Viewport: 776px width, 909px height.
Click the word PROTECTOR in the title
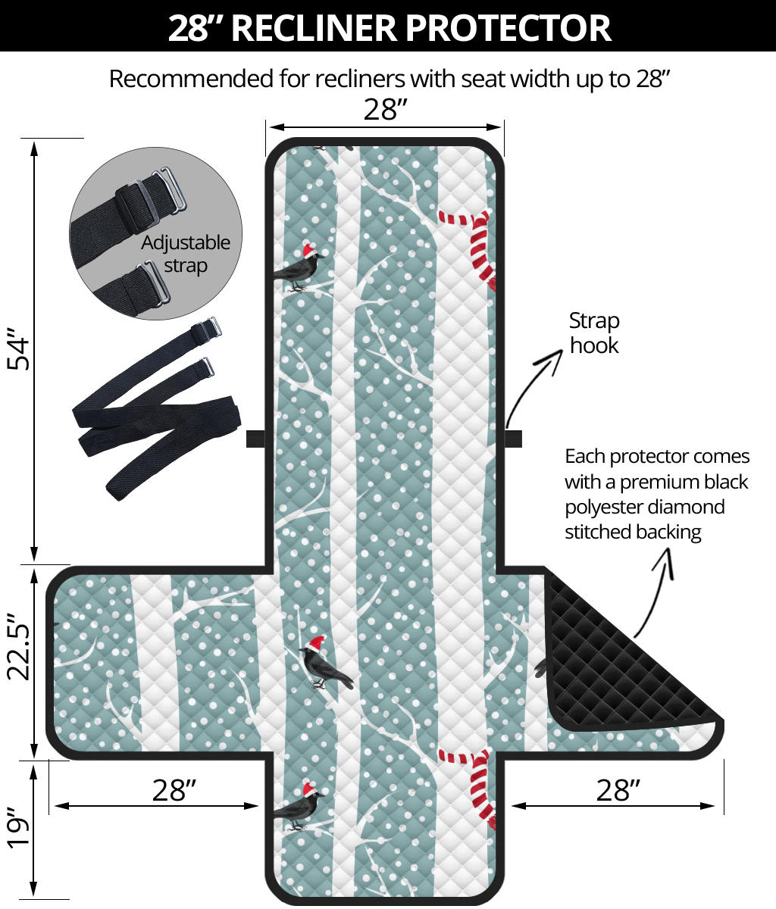508,27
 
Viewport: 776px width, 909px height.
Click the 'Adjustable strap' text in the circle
186,254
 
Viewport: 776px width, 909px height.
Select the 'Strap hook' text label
594,333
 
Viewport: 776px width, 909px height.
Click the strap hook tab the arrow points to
513,439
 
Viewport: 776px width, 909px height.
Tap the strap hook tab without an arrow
256,439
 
